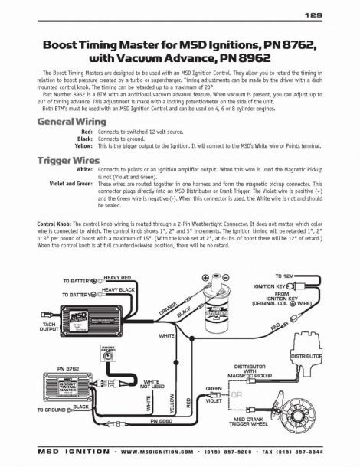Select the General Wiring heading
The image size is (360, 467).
[x=72, y=121]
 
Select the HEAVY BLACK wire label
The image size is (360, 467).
[x=119, y=290]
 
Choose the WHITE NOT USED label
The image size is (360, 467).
[x=152, y=384]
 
